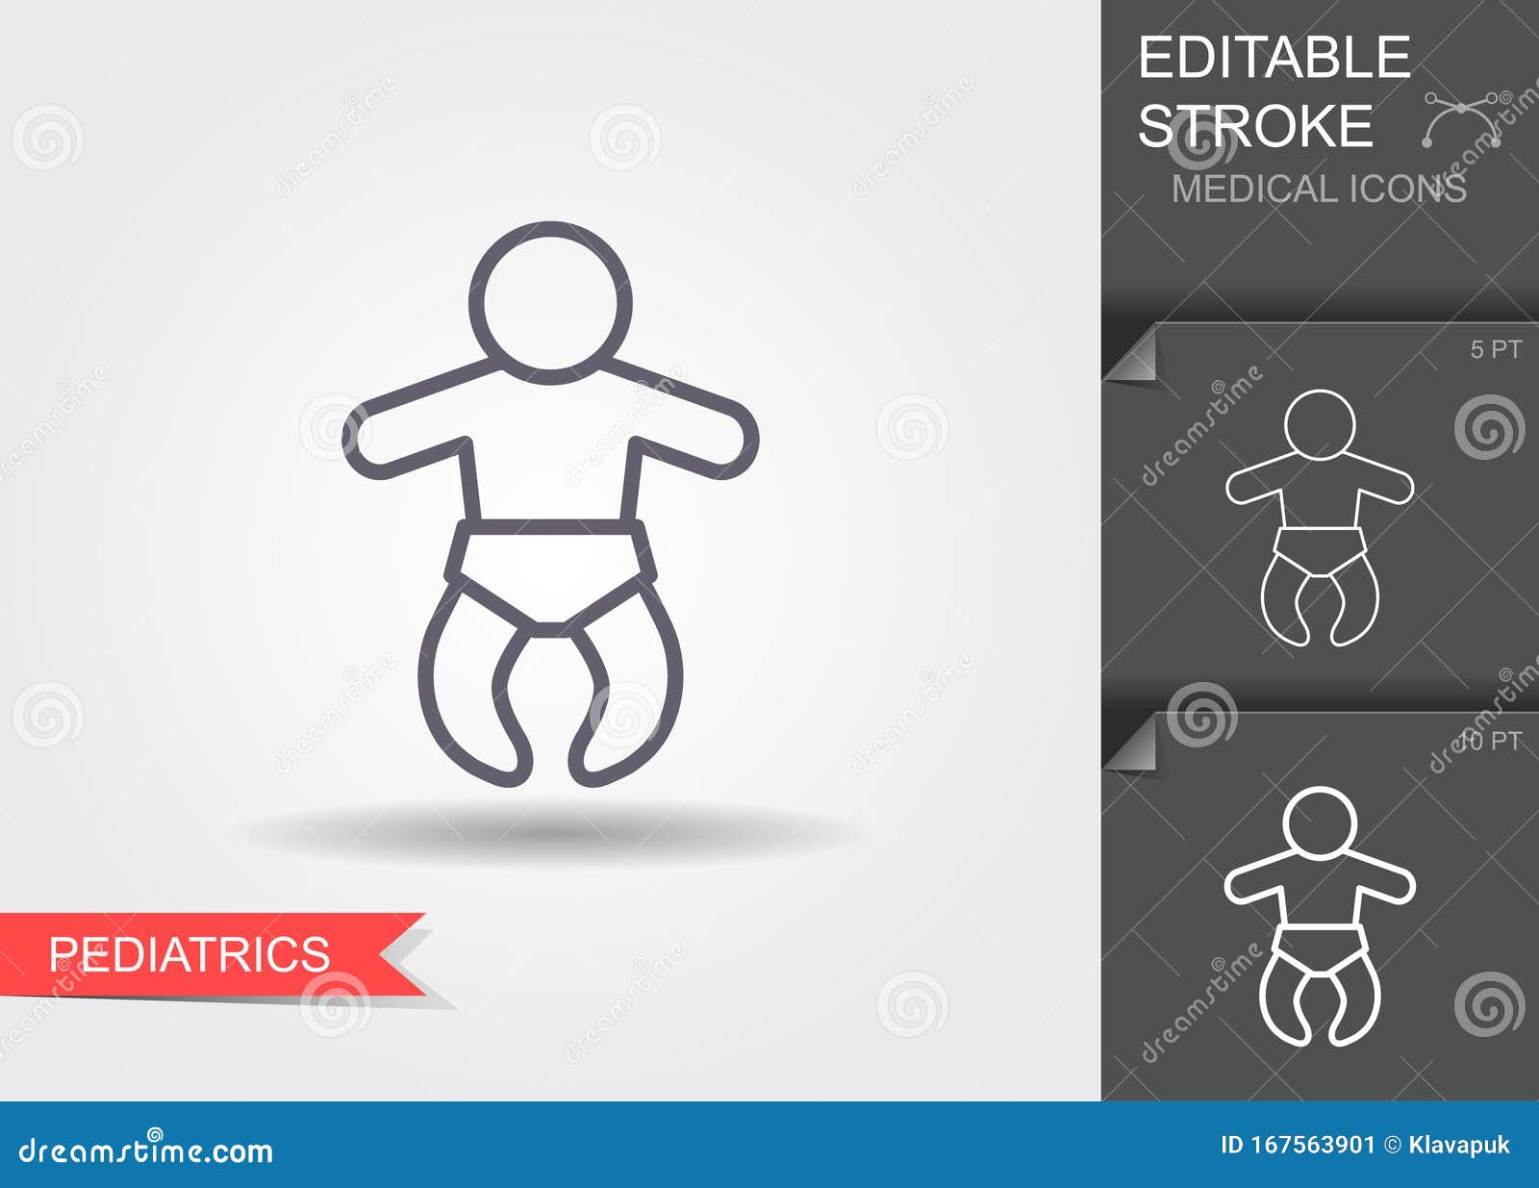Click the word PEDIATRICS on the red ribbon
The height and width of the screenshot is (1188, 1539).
pyautogui.click(x=189, y=954)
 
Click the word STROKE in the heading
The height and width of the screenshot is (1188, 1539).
pyautogui.click(x=1255, y=126)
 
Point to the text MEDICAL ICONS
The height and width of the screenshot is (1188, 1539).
pyautogui.click(x=1319, y=189)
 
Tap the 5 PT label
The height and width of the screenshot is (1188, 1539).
pyautogui.click(x=1496, y=350)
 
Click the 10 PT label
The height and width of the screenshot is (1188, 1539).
pyautogui.click(x=1490, y=742)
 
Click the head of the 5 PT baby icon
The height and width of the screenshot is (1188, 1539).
pyautogui.click(x=1320, y=424)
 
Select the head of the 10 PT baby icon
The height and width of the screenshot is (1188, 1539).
pyautogui.click(x=1320, y=822)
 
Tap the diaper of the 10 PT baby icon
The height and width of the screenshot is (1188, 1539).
pyautogui.click(x=1320, y=947)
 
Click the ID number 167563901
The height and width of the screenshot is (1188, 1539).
pyautogui.click(x=1299, y=1145)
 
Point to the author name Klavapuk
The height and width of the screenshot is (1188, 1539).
pyautogui.click(x=1459, y=1145)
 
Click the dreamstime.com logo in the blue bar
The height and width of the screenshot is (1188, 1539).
pyautogui.click(x=146, y=1150)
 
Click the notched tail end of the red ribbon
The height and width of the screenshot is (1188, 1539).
pyautogui.click(x=404, y=953)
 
